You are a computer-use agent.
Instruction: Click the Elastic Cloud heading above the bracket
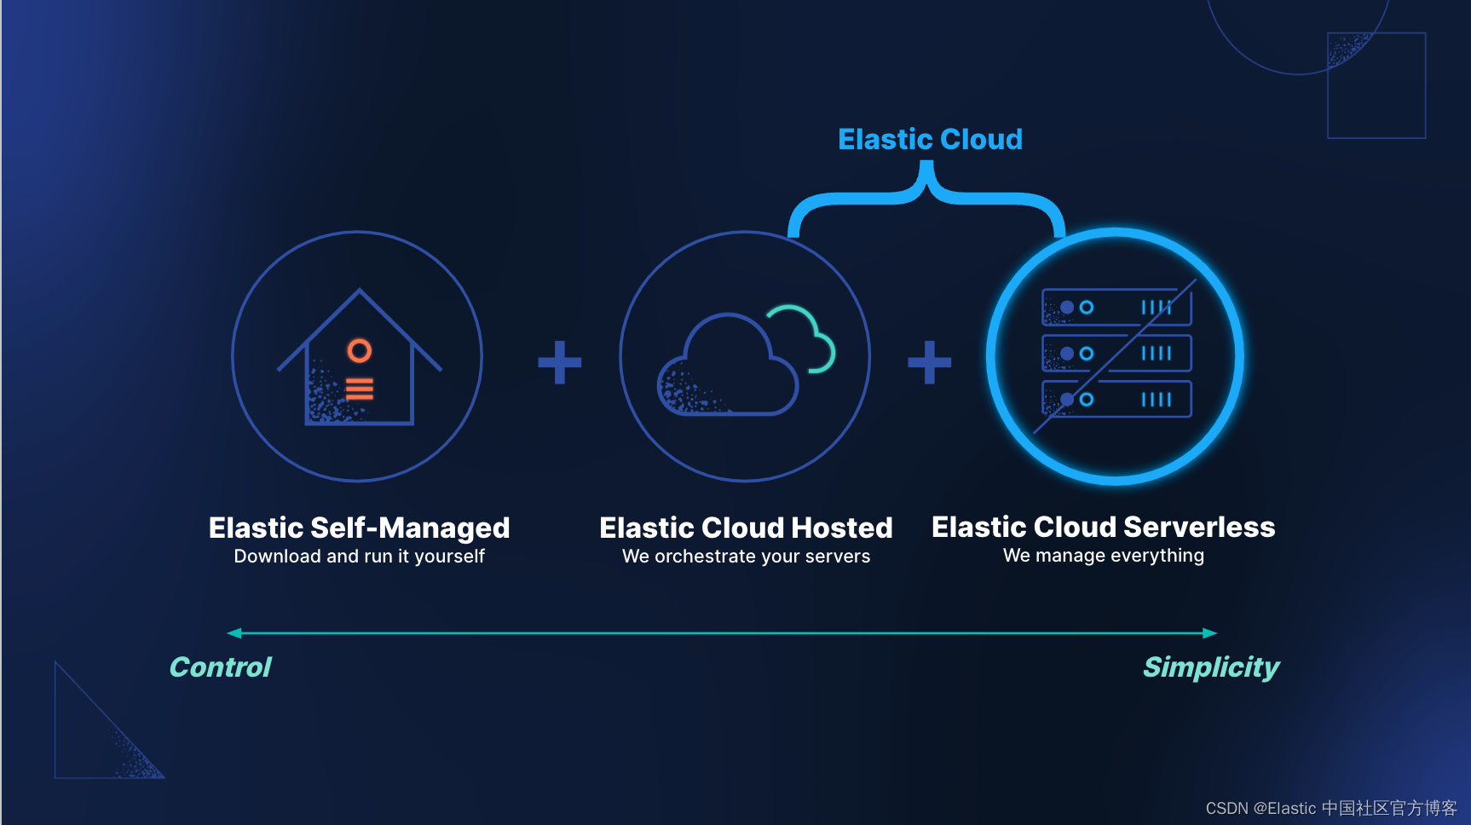coord(930,139)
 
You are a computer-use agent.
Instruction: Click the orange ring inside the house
coord(359,350)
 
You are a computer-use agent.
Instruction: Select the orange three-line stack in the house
coord(359,389)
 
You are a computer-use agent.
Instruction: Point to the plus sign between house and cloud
coord(559,362)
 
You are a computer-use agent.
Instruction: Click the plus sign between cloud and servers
coord(929,362)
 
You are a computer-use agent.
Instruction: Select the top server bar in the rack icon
coord(1116,308)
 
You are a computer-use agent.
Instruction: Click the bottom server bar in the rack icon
coord(1116,399)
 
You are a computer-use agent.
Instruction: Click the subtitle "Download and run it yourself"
coord(359,557)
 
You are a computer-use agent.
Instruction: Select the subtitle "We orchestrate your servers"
coord(746,557)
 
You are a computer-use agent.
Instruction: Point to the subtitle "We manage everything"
coord(1103,556)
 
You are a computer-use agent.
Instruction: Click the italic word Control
coord(220,667)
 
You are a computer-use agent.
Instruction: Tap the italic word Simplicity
coord(1210,667)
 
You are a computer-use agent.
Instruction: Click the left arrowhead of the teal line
coord(234,633)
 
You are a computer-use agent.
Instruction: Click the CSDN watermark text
coord(1330,808)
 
